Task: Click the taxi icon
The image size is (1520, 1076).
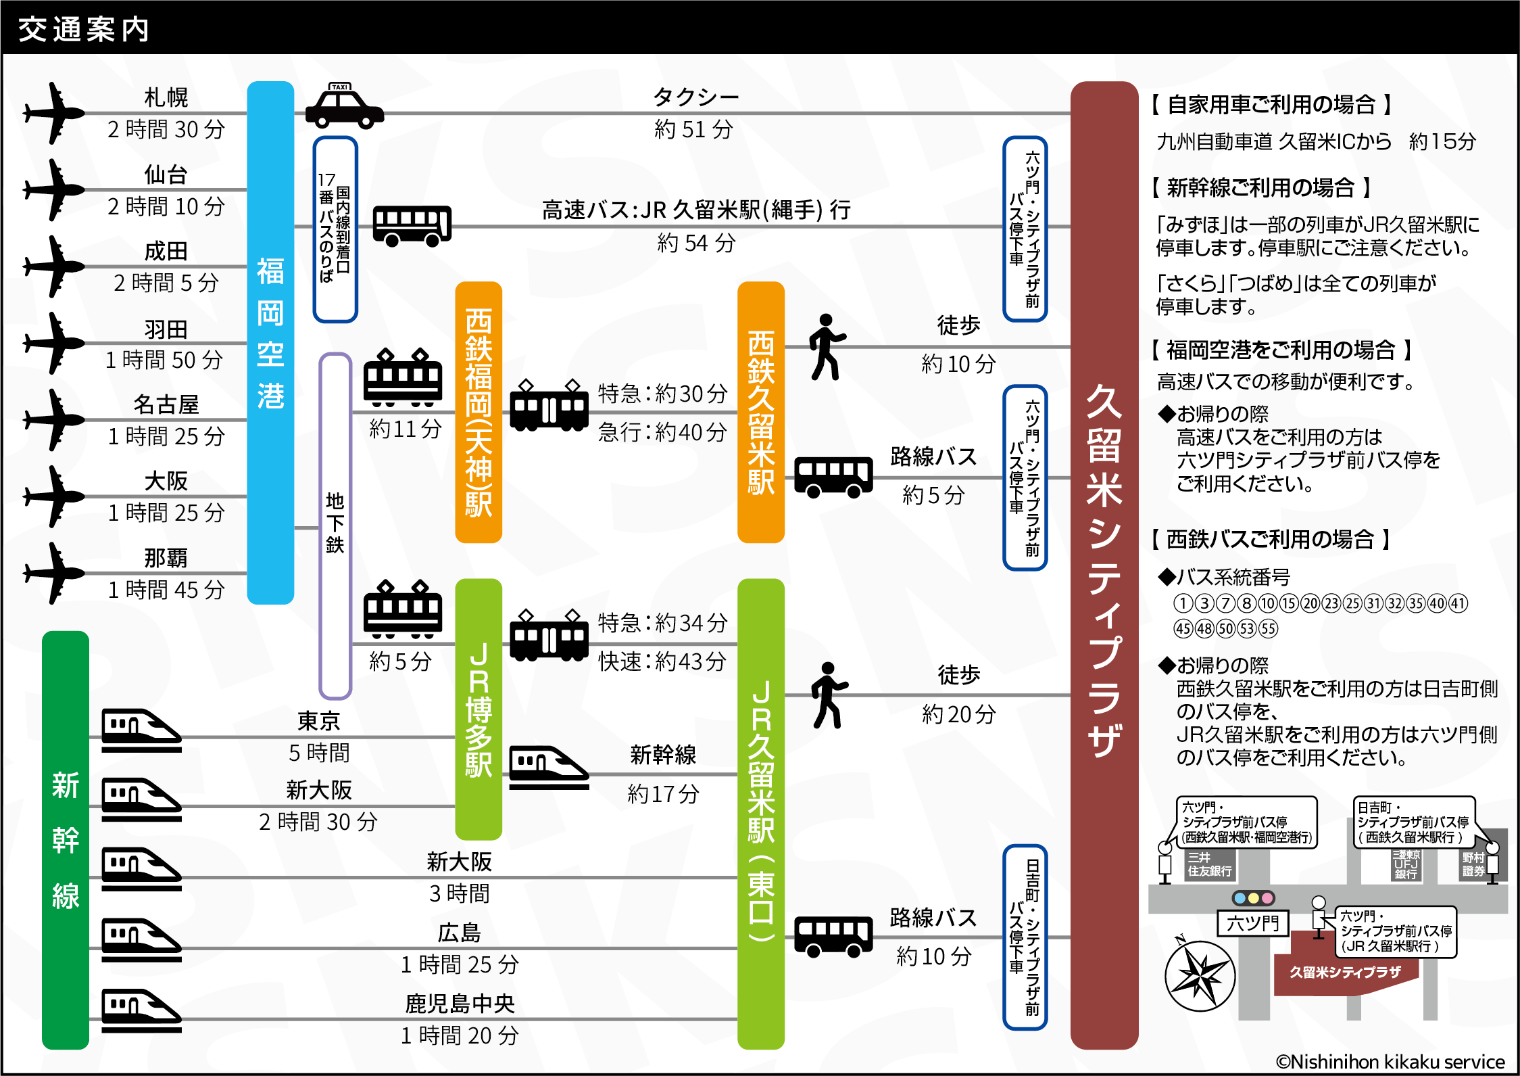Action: pos(344,107)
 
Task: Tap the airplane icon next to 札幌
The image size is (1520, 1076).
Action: pos(54,113)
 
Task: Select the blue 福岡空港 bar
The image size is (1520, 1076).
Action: pos(270,342)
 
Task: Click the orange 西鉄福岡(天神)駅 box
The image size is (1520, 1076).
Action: pos(479,412)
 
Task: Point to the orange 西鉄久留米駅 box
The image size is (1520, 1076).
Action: pos(760,412)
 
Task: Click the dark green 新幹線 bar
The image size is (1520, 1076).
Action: pos(66,839)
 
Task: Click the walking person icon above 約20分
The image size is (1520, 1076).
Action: pos(828,695)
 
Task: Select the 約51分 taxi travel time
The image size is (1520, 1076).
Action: pos(694,129)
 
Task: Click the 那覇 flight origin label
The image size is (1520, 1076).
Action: pos(166,558)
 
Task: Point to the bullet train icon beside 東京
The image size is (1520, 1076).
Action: pos(141,730)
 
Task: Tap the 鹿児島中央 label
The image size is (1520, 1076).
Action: pos(460,1004)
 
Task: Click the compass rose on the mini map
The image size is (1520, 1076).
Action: pos(1200,976)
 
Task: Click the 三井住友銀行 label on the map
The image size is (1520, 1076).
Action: pos(1210,864)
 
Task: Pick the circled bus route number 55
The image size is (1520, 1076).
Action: pos(1269,629)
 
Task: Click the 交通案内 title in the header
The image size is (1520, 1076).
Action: pos(84,29)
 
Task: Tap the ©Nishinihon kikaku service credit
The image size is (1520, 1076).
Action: pos(1390,1062)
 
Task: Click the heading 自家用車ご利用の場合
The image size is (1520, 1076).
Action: pos(1271,105)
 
